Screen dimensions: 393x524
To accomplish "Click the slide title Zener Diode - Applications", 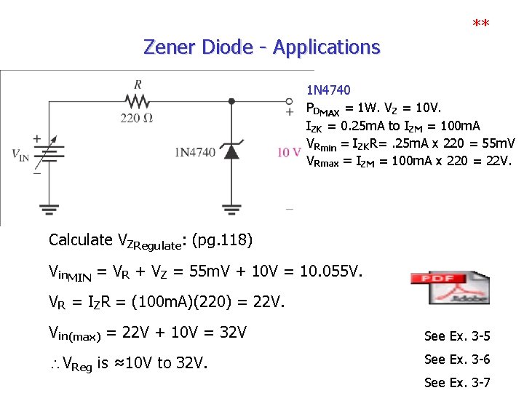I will coord(262,47).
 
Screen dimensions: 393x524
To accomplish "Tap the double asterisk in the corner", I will coord(480,25).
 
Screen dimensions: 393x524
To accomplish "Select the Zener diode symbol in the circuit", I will coord(231,151).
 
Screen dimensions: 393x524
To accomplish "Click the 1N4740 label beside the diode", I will coord(195,152).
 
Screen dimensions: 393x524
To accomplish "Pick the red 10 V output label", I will coord(289,152).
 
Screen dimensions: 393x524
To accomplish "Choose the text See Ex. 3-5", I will coord(457,336).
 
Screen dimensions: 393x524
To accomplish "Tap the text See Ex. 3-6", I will coord(457,359).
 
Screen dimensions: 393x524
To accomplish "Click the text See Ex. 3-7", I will coord(457,382).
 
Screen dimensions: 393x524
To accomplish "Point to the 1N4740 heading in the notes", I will coord(328,91).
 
